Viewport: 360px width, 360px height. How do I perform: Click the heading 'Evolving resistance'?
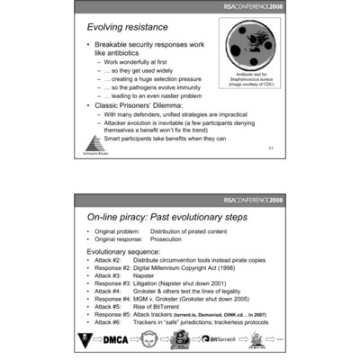[x=125, y=32]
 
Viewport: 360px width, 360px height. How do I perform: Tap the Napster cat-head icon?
[x=151, y=339]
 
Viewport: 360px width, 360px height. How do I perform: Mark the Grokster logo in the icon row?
[x=184, y=339]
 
